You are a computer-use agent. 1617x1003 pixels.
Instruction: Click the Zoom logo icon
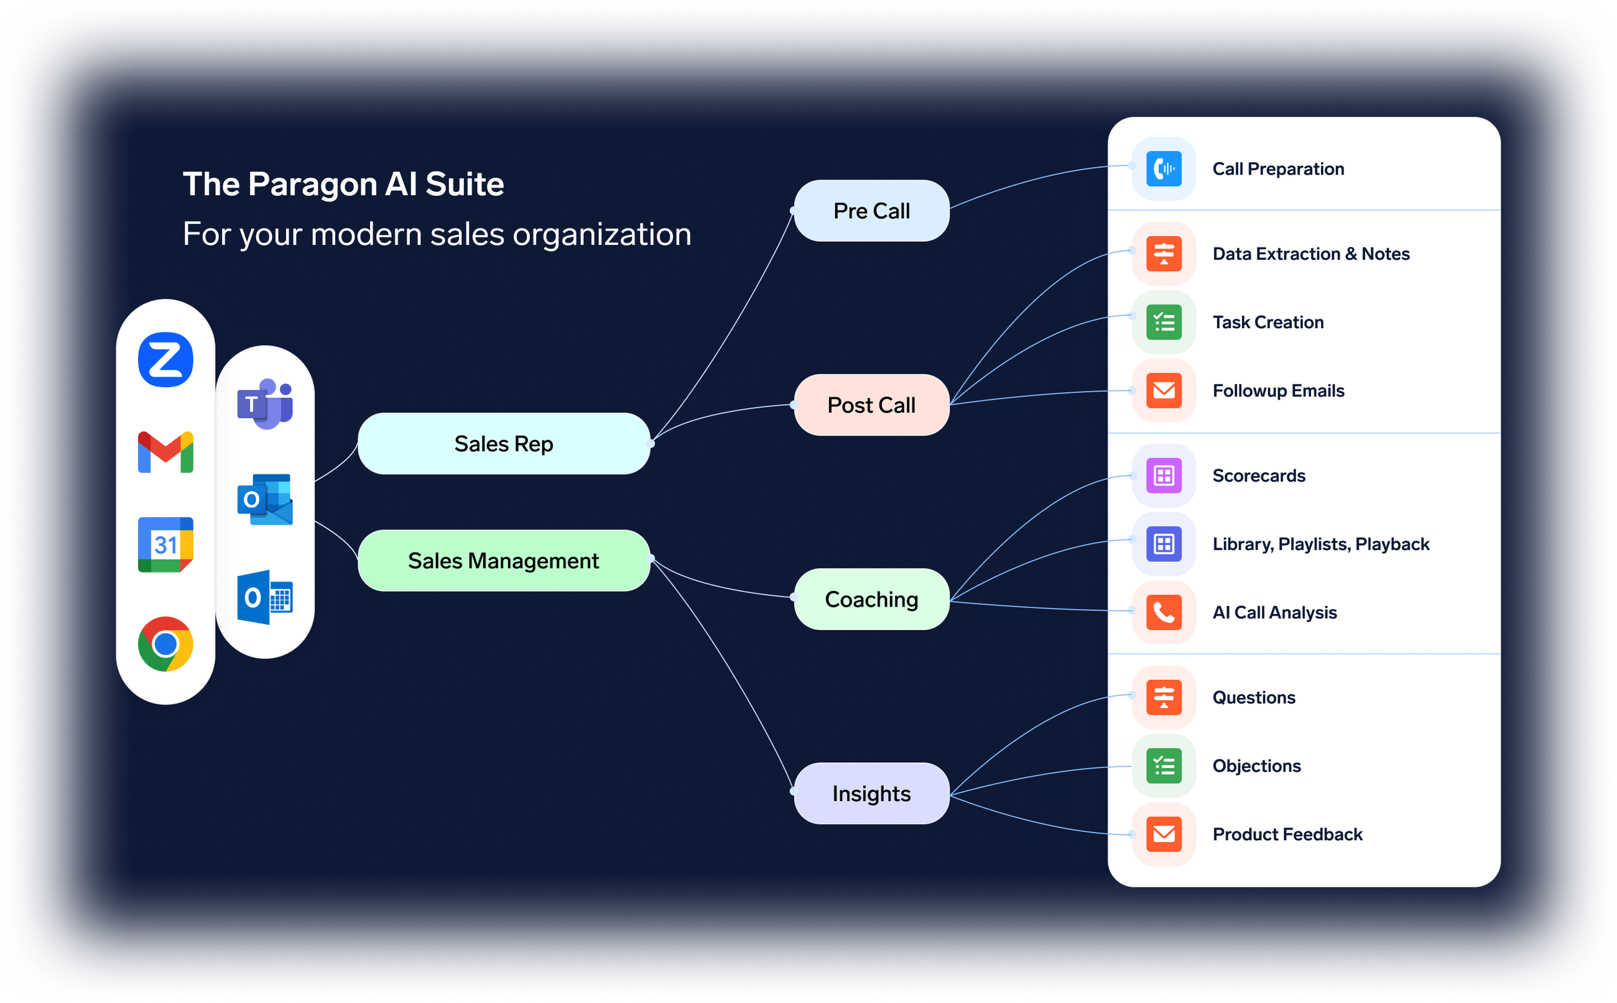(165, 360)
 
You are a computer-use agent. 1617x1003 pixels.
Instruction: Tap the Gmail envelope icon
(165, 452)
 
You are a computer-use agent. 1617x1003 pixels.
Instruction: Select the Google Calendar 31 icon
(165, 544)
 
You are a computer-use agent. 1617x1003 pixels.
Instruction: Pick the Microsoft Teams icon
(265, 403)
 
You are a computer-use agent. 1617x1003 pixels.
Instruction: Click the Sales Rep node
(503, 444)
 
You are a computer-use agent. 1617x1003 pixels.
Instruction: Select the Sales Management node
(503, 561)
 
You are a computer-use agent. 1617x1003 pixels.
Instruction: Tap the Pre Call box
(871, 211)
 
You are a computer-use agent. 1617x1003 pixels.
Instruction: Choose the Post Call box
(871, 405)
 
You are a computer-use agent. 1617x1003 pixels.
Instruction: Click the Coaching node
(871, 599)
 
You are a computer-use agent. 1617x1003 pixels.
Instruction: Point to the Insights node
(871, 794)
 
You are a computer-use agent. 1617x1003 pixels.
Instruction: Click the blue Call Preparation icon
(1163, 168)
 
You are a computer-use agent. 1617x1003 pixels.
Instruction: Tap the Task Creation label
(1267, 323)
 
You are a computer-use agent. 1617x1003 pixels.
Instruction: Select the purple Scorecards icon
(1163, 475)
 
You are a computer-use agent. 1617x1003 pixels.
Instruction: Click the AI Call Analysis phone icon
(1163, 612)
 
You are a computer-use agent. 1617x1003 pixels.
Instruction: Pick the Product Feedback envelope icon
(1163, 834)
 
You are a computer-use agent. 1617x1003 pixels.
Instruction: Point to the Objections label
(1256, 766)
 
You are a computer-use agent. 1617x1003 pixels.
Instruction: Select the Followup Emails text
(1278, 391)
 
